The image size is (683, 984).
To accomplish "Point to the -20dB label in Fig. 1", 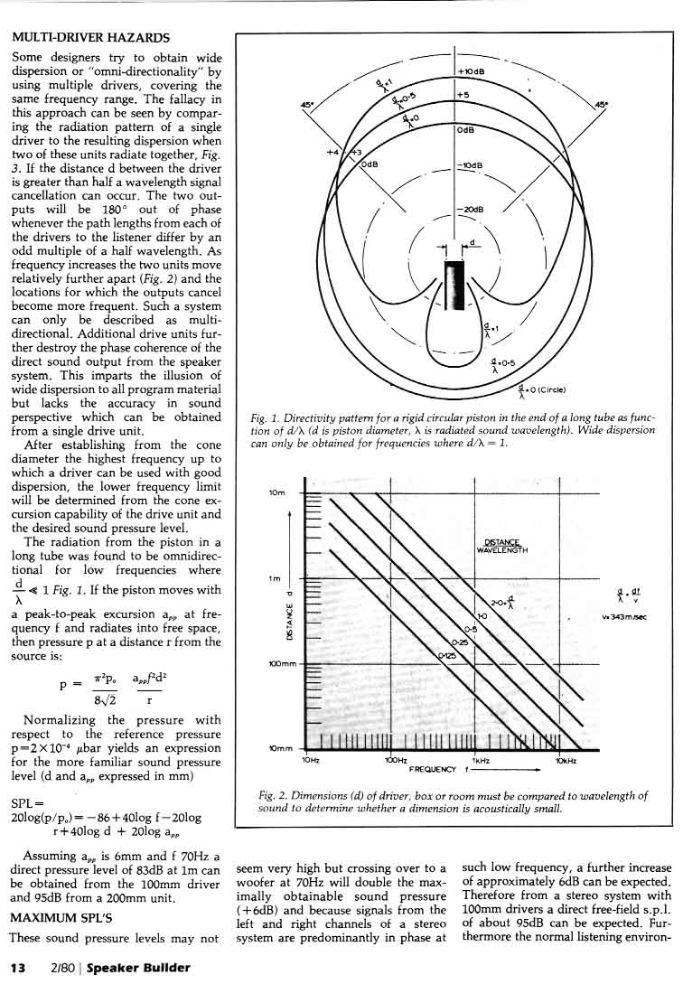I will pyautogui.click(x=472, y=210).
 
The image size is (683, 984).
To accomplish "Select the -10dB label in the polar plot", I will pyautogui.click(x=472, y=165).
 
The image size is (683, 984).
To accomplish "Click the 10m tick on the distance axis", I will pyautogui.click(x=277, y=493).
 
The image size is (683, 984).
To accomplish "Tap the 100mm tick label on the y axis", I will pyautogui.click(x=282, y=664).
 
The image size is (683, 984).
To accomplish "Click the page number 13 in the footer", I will pyautogui.click(x=16, y=968).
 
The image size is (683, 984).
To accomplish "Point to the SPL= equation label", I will pyautogui.click(x=24, y=803).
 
